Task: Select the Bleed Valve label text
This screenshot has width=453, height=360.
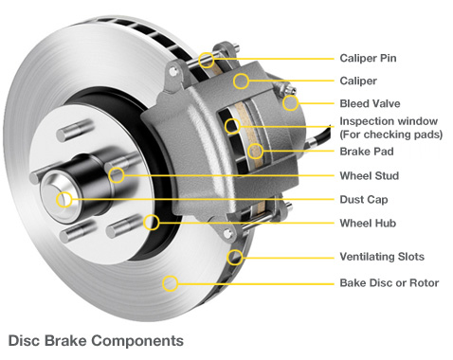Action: [x=372, y=102]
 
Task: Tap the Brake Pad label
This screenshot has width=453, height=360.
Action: [x=367, y=151]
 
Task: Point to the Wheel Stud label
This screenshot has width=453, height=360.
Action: [x=369, y=175]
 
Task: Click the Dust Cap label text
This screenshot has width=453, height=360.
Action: [x=364, y=200]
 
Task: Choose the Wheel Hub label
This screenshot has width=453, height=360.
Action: [x=367, y=224]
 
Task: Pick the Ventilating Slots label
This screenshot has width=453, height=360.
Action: [x=382, y=257]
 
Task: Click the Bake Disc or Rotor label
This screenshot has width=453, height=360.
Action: [x=389, y=282]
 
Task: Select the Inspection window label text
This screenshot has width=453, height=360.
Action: [x=389, y=122]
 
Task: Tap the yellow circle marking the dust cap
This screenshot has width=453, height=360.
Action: [x=63, y=199]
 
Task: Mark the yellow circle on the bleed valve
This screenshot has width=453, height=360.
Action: [x=291, y=102]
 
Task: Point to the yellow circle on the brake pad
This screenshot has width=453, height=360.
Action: [x=255, y=150]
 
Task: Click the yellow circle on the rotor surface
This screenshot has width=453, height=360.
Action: [x=170, y=281]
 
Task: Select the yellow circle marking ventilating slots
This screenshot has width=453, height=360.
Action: [x=235, y=256]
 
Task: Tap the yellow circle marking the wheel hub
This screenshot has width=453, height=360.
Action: [x=153, y=224]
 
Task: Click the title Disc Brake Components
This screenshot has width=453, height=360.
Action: [x=95, y=338]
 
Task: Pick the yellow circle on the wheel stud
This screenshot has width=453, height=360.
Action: [x=116, y=174]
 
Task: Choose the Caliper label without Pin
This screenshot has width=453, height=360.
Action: [x=358, y=81]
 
